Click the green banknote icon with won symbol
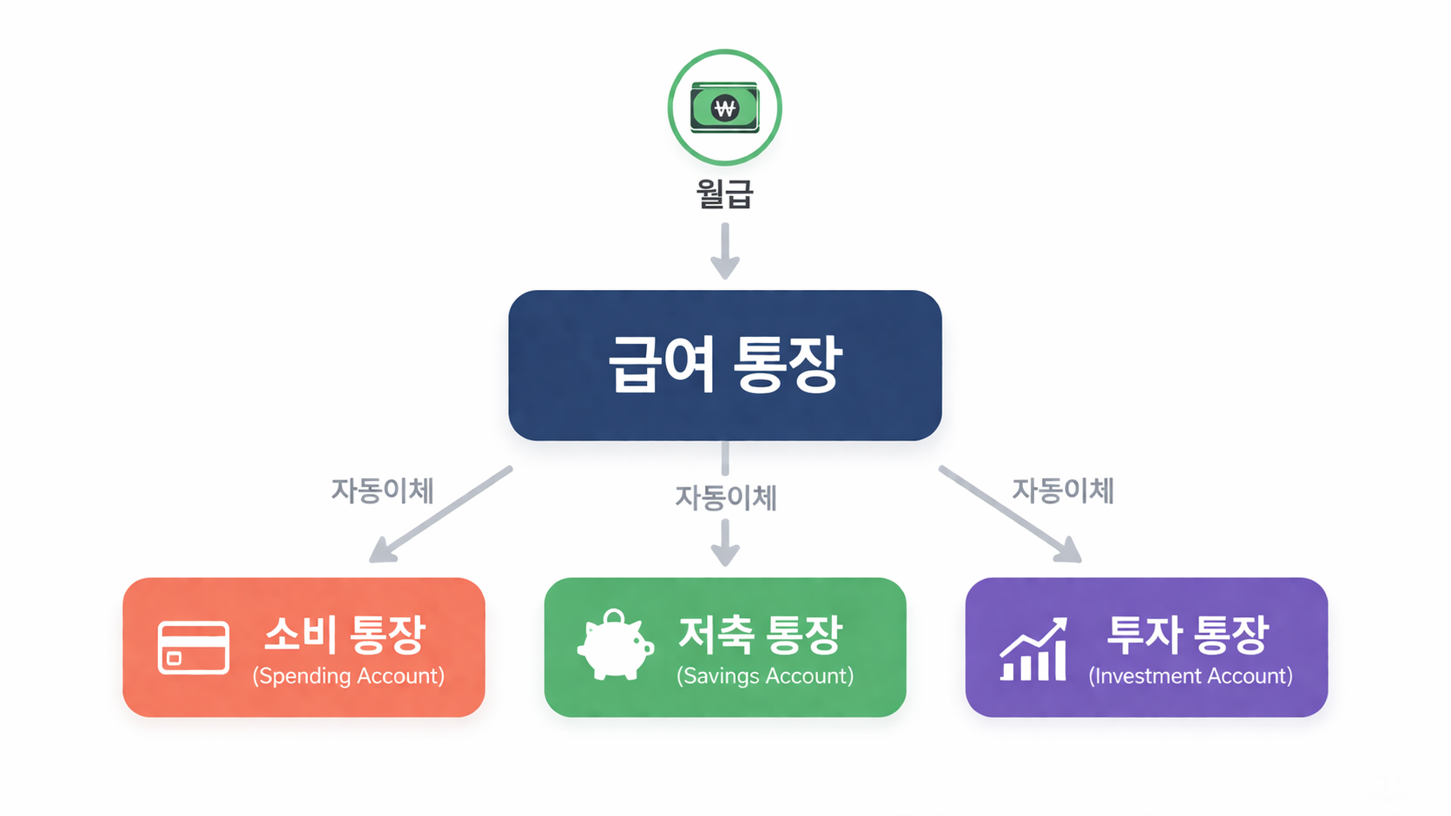tap(725, 109)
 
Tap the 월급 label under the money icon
tap(725, 193)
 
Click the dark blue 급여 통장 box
tap(725, 365)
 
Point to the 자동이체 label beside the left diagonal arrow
tap(382, 490)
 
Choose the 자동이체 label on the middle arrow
tap(725, 497)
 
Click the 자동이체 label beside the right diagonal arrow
tap(1063, 490)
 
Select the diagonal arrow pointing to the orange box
tap(441, 514)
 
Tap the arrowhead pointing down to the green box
tap(725, 552)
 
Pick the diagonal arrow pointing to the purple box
tap(1010, 514)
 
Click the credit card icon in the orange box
tap(194, 648)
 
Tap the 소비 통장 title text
tap(345, 635)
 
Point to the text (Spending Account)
tap(348, 676)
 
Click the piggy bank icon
tap(615, 646)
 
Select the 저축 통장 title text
tap(760, 635)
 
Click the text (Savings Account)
tap(765, 676)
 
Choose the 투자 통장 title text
tap(1187, 635)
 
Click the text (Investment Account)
tap(1190, 676)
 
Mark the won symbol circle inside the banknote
tap(725, 109)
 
